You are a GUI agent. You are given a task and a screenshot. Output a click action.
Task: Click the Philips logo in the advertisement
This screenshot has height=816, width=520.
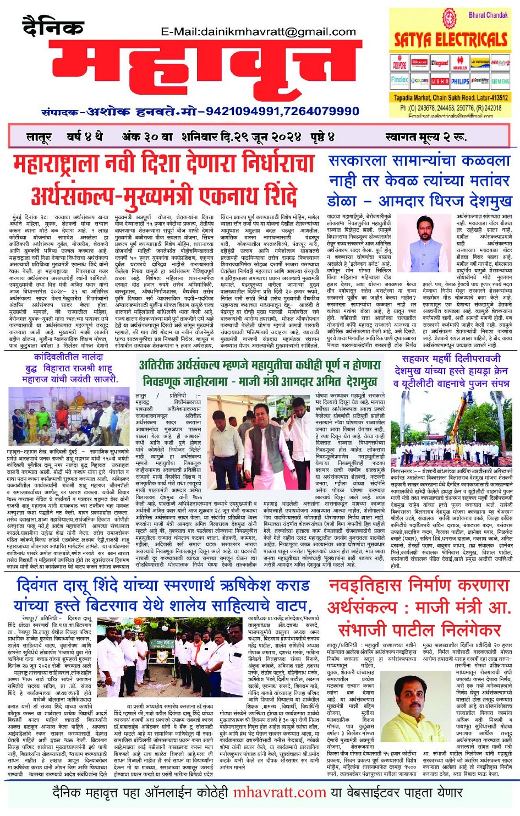click(x=460, y=81)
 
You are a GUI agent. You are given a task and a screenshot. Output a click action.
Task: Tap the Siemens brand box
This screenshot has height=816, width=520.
click(x=500, y=81)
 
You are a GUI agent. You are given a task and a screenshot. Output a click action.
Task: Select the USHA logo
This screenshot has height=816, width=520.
click(x=440, y=81)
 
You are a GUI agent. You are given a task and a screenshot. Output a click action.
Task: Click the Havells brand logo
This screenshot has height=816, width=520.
click(x=460, y=64)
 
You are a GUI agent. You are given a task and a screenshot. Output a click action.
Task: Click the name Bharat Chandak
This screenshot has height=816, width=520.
click(x=488, y=15)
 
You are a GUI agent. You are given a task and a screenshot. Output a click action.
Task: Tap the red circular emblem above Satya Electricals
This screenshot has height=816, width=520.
click(x=450, y=18)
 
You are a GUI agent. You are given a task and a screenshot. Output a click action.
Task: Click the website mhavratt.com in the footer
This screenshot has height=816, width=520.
click(x=280, y=792)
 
